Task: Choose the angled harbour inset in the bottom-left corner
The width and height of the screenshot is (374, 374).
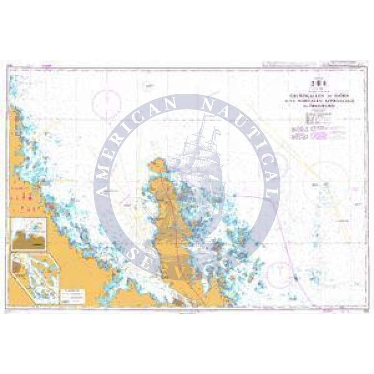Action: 34,279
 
